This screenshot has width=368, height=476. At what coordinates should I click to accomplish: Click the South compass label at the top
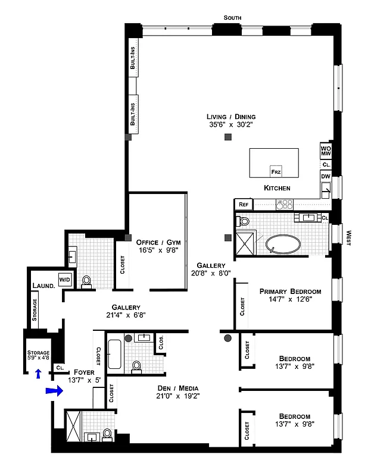[233, 18]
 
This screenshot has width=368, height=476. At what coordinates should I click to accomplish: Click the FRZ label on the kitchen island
[276, 171]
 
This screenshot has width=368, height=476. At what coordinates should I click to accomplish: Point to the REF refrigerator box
[243, 204]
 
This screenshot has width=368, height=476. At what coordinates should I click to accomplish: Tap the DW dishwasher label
[326, 177]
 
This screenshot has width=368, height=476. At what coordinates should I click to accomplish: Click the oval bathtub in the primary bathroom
[285, 245]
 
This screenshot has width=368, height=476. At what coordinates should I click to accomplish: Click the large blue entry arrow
[54, 391]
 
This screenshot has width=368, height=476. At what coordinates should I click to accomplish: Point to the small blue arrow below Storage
[38, 374]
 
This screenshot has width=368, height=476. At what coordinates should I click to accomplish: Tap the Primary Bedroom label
[290, 292]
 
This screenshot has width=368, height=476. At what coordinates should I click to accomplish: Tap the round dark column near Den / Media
[227, 339]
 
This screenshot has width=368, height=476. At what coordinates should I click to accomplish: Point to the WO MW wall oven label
[326, 151]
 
